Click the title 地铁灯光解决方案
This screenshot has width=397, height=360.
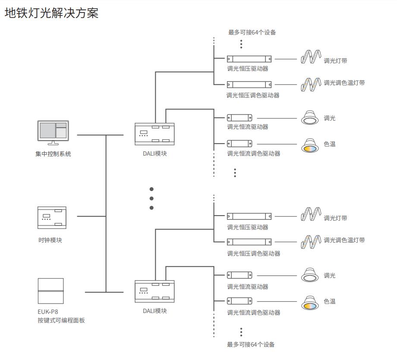pos(51,13)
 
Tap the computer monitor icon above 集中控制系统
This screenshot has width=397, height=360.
pos(53,133)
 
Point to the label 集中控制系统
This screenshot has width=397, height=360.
pos(53,154)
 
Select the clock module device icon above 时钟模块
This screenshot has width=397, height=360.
pos(52,218)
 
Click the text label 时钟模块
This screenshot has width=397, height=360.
pos(50,240)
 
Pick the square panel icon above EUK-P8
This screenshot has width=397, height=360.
pos(50,291)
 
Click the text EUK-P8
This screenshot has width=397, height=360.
pos(48,312)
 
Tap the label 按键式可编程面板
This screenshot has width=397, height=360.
pos(61,320)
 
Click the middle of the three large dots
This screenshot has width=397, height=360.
pos(151,198)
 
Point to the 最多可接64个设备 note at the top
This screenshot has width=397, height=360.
pos(252,32)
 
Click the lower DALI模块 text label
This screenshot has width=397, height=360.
pos(155,311)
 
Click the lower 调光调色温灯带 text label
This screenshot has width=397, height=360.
pos(344,240)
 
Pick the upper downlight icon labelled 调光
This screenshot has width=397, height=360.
pos(309,118)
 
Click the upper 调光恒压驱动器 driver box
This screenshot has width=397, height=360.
pos(249,59)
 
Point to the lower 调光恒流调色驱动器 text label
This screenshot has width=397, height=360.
pos(254,313)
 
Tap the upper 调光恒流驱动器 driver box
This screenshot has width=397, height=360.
pos(240,118)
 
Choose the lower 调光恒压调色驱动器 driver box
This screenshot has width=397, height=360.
pos(249,242)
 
